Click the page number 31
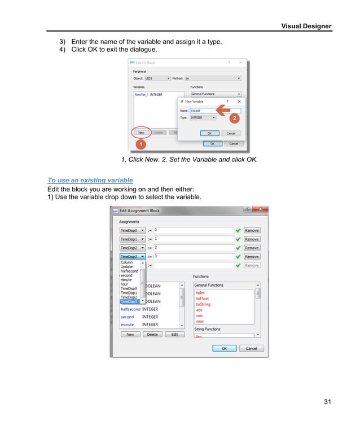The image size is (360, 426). [327, 402]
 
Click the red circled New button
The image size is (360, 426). [141, 133]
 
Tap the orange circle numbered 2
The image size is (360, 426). [234, 118]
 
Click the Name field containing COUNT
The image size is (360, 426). [214, 111]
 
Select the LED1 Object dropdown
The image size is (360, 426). [157, 78]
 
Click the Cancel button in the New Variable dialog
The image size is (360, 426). [230, 133]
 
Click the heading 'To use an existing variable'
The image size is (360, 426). [90, 180]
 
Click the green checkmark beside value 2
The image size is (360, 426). [238, 248]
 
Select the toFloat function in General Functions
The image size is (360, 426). [203, 298]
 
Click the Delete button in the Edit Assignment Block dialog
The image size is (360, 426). [152, 335]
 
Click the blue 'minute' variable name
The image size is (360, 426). [128, 324]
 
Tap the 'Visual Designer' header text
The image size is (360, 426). [306, 26]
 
